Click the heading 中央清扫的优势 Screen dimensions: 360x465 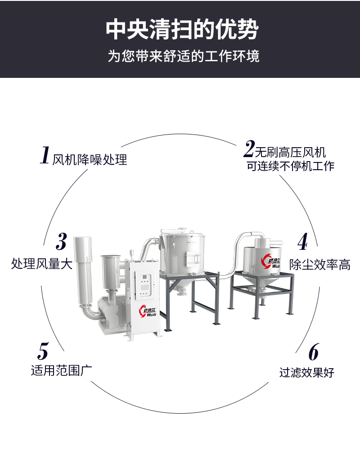182,30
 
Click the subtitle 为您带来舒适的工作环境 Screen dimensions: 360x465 183,56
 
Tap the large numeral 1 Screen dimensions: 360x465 45,155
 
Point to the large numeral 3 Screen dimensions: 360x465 61,241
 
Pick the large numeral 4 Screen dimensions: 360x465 303,241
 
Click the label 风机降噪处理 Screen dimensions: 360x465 90,160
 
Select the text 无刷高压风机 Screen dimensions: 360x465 290,153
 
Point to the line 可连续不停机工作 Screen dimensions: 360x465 290,166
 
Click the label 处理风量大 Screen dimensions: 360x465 42,263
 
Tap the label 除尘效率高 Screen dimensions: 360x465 320,265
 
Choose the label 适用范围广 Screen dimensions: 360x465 62,370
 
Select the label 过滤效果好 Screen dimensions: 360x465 306,372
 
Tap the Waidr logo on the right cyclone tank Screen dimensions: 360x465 270,261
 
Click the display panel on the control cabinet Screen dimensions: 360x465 145,282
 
